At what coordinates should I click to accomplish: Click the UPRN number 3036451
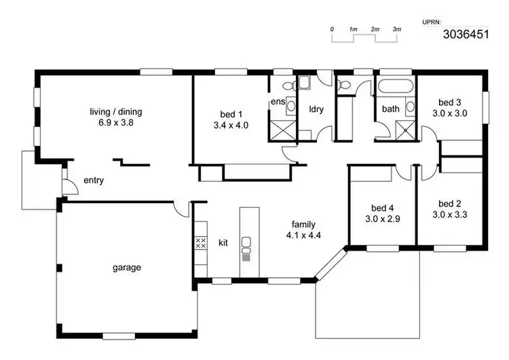coord(466,34)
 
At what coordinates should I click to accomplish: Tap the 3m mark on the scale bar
coord(396,30)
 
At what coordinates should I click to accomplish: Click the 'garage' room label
coord(127,268)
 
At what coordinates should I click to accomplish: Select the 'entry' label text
coord(93,180)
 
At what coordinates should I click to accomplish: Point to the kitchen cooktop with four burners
coord(200,243)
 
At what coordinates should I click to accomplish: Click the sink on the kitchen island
coord(246,241)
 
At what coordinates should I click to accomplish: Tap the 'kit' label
coord(223,242)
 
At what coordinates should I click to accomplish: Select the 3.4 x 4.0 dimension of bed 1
coord(231,125)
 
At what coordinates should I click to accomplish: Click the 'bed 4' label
coord(382,208)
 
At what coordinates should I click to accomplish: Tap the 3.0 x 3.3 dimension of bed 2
coord(450,215)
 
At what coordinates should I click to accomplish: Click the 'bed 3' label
coord(450,103)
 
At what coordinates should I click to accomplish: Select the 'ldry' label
coord(316,109)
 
